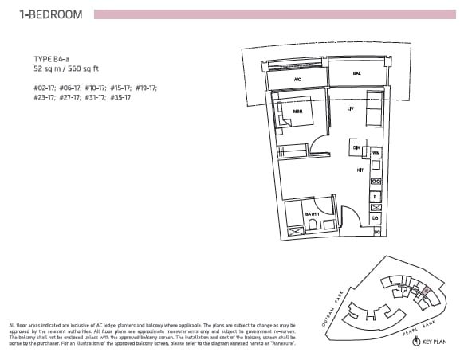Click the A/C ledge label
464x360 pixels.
point(297,80)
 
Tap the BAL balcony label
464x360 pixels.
point(356,73)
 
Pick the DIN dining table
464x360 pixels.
point(357,148)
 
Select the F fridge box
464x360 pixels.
point(376,196)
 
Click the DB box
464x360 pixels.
point(376,218)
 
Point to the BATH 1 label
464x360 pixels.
point(313,214)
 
